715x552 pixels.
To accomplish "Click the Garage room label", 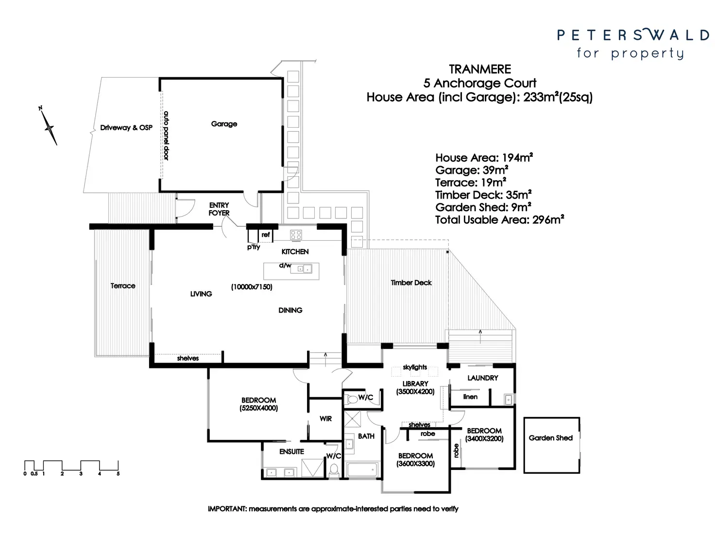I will click(224, 124).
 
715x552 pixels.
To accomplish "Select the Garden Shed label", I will click(550, 438).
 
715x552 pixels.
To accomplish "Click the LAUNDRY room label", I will click(482, 378).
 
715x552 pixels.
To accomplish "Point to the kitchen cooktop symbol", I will click(296, 235).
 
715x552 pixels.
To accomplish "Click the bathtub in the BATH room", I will click(362, 469).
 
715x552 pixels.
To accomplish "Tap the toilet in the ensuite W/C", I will click(334, 469).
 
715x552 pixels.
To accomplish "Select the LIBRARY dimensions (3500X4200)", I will click(415, 391).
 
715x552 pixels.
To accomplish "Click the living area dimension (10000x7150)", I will click(252, 287).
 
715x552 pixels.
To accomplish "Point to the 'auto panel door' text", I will click(166, 136).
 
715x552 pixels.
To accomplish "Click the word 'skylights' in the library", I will click(415, 367).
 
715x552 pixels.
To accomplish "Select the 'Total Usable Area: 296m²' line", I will click(499, 219).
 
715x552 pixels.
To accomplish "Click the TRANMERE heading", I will click(479, 69).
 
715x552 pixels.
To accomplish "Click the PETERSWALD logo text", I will click(633, 35).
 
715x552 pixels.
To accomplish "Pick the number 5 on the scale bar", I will click(118, 473).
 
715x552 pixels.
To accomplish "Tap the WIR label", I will click(325, 418).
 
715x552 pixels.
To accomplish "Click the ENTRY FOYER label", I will click(219, 209).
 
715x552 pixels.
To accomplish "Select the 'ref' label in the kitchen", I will click(265, 235).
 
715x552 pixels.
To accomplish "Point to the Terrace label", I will click(122, 286).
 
